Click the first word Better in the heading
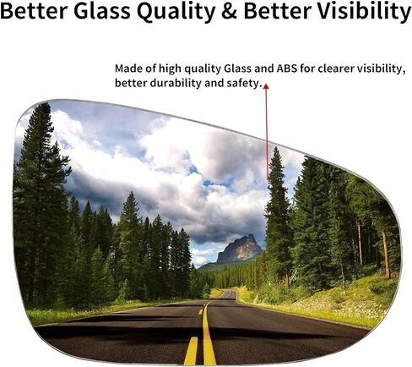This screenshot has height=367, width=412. tap(34, 11)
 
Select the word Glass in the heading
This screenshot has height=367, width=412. tap(102, 11)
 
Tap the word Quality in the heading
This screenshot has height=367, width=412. tap(176, 13)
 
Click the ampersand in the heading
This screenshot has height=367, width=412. tap(229, 11)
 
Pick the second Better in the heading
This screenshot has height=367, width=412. tap(277, 11)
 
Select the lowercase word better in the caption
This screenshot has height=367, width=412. tap(131, 83)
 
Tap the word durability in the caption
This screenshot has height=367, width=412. tap(176, 84)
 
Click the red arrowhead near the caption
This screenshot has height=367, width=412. tap(266, 86)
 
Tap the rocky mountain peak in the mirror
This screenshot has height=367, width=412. tap(240, 249)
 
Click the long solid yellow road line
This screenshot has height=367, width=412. tap(209, 333)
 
